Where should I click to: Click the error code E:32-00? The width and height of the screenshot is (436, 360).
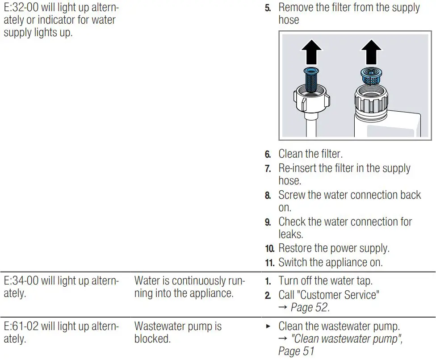tap(21, 8)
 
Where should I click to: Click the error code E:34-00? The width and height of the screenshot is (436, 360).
tap(21, 281)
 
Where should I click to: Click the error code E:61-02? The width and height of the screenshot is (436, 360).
tap(21, 327)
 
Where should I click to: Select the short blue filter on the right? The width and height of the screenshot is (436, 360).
tap(372, 76)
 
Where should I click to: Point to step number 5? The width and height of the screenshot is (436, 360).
tap(268, 8)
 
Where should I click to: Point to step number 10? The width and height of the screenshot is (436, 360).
tap(269, 249)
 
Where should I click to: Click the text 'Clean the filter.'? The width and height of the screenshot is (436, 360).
tap(310, 154)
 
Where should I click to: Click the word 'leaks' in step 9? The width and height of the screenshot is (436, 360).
tap(291, 234)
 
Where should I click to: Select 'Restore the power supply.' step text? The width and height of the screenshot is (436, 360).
tap(334, 248)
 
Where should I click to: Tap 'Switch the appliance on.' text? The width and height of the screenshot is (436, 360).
tap(330, 262)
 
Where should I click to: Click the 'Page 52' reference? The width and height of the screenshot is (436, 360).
tap(310, 307)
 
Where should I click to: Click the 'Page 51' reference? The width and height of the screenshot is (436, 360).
tap(296, 352)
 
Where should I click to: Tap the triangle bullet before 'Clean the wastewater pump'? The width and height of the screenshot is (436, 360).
tap(268, 327)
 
